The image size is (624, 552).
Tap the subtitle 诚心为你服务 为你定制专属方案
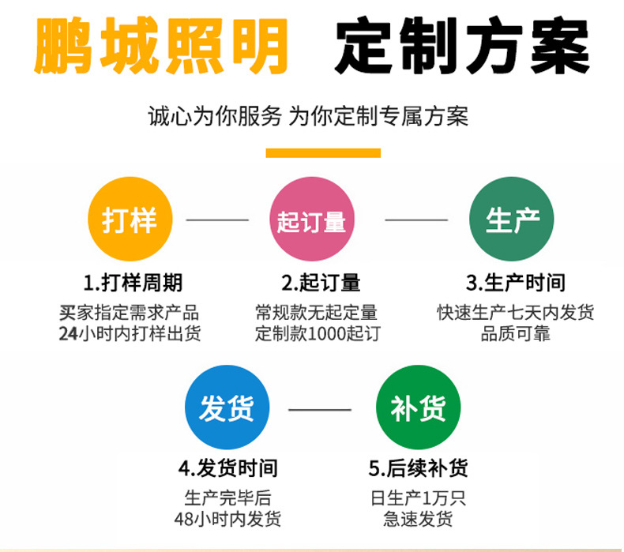click(308, 116)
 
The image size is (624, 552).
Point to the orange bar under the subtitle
click(323, 153)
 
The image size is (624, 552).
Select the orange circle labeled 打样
click(130, 220)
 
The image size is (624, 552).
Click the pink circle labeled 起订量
click(311, 220)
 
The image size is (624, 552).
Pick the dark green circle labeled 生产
click(511, 220)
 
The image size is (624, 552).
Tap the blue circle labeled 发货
click(227, 408)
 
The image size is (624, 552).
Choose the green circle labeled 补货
click(418, 408)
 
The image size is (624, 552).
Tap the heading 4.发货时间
click(227, 469)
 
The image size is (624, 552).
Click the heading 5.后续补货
click(418, 469)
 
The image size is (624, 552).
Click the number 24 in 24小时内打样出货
click(68, 334)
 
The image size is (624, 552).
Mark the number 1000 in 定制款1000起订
click(328, 334)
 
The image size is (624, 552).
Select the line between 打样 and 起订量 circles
click(217, 220)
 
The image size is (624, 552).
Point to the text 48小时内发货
click(227, 520)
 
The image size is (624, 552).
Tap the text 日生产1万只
click(418, 498)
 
